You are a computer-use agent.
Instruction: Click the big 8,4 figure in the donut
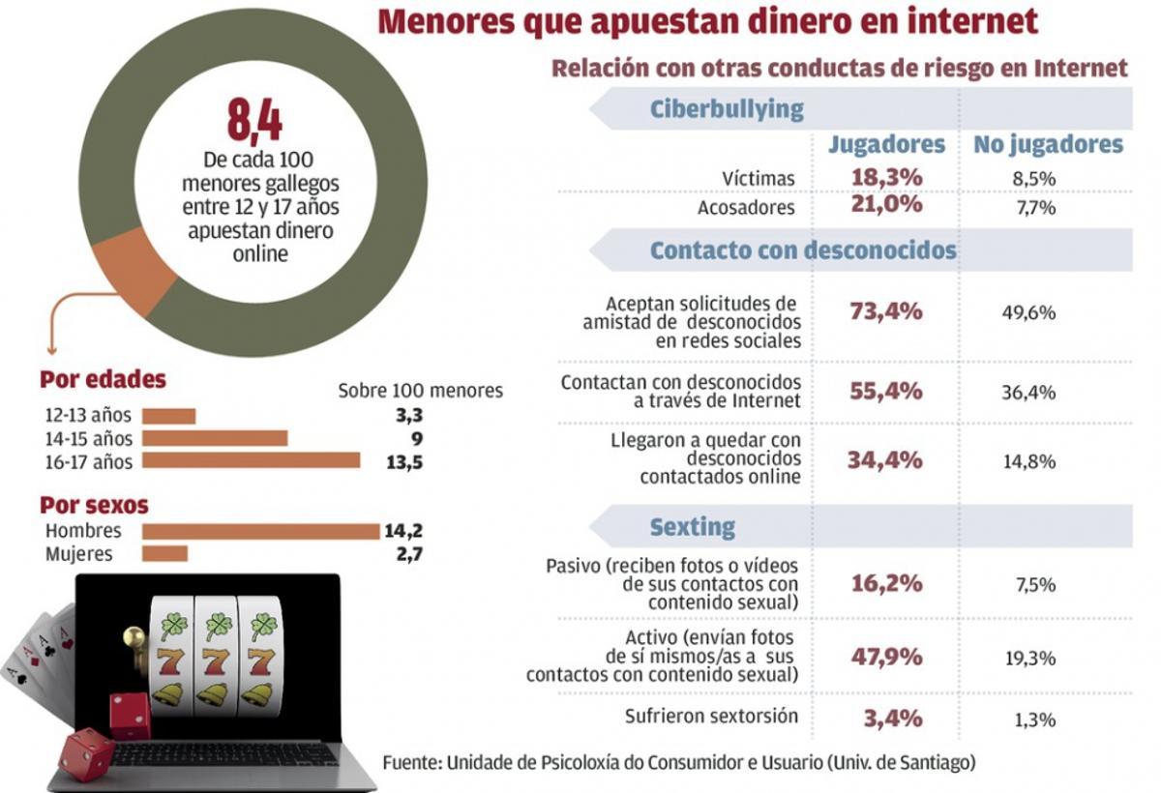[x=254, y=121]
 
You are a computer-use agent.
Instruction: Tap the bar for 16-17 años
[x=251, y=461]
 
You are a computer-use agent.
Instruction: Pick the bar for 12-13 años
[x=168, y=416]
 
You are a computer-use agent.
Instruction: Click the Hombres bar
[x=260, y=531]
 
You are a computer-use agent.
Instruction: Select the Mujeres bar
[x=164, y=554]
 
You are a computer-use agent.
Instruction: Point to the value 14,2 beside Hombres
[x=404, y=531]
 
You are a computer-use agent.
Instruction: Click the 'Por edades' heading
[x=103, y=380]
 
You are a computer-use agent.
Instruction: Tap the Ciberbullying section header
[x=726, y=108]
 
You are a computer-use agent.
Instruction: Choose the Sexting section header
[x=692, y=526]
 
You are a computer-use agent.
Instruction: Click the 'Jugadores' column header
[x=885, y=145]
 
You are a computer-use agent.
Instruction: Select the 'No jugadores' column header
[x=1048, y=145]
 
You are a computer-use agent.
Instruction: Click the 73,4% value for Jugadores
[x=885, y=311]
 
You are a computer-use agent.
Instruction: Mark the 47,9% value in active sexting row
[x=885, y=656]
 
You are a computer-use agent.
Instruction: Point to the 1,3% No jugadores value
[x=1029, y=720]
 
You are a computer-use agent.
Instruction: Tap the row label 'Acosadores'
[x=746, y=208]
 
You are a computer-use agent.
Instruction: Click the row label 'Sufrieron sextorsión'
[x=712, y=717]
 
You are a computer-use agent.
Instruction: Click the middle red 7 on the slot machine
[x=215, y=662]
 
